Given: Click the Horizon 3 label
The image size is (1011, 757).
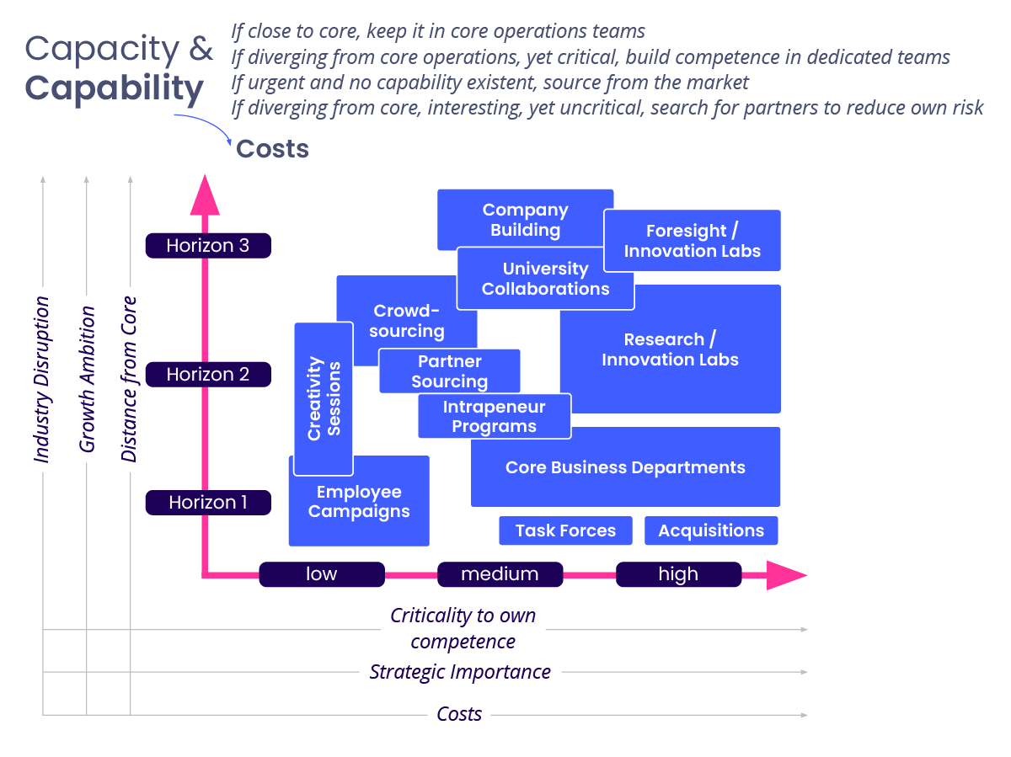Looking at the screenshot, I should pyautogui.click(x=208, y=246).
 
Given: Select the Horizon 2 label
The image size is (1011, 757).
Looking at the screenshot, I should pyautogui.click(x=208, y=374).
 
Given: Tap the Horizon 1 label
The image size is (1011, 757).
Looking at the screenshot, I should pyautogui.click(x=208, y=503).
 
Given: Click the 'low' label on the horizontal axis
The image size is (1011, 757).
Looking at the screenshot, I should pyautogui.click(x=321, y=574).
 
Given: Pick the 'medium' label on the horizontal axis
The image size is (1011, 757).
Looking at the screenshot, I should pyautogui.click(x=500, y=574).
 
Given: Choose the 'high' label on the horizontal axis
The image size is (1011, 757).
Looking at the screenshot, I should pyautogui.click(x=678, y=574).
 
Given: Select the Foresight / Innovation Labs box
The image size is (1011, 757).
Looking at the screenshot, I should pyautogui.click(x=693, y=241).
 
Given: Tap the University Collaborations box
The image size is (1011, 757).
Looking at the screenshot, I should pyautogui.click(x=545, y=279).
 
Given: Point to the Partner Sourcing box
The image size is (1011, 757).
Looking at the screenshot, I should pyautogui.click(x=449, y=371).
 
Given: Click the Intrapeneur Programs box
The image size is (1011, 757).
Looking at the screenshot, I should pyautogui.click(x=494, y=417).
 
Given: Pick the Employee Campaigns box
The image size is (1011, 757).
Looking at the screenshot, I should pyautogui.click(x=359, y=503).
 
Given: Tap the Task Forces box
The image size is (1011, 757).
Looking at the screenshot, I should pyautogui.click(x=565, y=530).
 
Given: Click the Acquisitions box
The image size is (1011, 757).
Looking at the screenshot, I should pyautogui.click(x=711, y=530).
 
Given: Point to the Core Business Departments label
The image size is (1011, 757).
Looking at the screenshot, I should pyautogui.click(x=625, y=467).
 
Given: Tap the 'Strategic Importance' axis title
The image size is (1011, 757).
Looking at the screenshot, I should pyautogui.click(x=460, y=672).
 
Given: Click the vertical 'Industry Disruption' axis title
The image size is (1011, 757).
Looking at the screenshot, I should pyautogui.click(x=42, y=379).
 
